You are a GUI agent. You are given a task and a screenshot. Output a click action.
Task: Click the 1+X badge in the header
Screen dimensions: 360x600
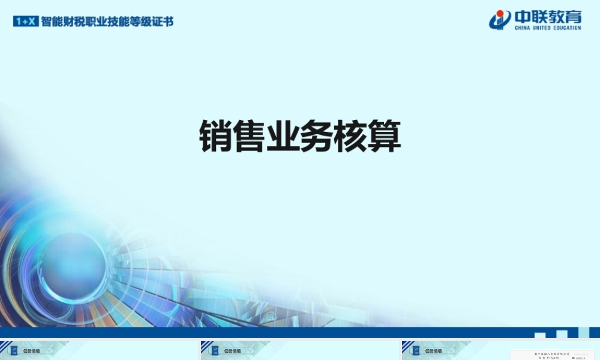pyautogui.click(x=26, y=22)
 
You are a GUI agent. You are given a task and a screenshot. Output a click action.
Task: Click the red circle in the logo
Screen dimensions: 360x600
pyautogui.click(x=499, y=15)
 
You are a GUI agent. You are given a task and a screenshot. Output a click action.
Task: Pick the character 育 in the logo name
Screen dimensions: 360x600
pyautogui.click(x=572, y=17)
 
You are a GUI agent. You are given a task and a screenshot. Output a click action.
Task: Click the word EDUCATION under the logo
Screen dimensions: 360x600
pyautogui.click(x=568, y=28)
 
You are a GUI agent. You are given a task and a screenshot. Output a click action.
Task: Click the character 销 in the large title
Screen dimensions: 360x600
pyautogui.click(x=216, y=137)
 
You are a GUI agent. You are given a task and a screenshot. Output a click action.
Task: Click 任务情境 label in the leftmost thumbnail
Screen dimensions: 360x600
pyautogui.click(x=31, y=351)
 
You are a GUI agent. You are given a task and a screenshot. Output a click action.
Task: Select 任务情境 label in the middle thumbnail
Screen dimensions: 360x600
pyautogui.click(x=232, y=351)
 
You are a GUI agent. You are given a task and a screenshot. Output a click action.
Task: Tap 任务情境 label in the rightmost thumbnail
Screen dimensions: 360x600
pyautogui.click(x=433, y=351)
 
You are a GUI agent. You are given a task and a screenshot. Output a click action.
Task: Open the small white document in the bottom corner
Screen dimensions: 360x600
pyautogui.click(x=552, y=355)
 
